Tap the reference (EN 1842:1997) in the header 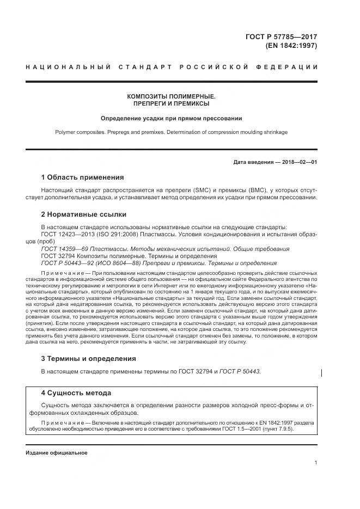[x=291, y=46]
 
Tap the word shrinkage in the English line [x=274, y=132]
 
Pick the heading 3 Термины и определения [x=89, y=359]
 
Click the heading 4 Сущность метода [x=76, y=393]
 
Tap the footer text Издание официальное [x=56, y=452]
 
